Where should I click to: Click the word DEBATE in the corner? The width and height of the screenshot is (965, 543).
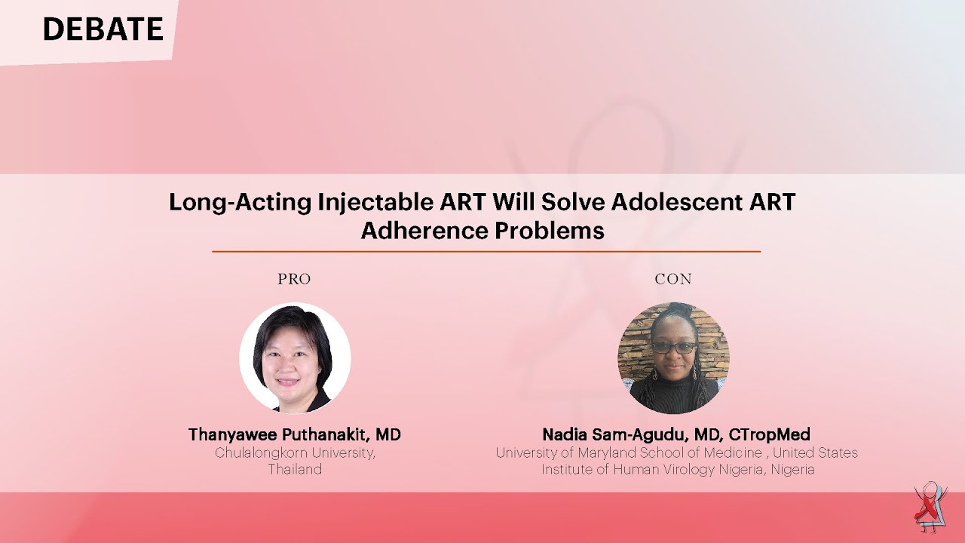[103, 29]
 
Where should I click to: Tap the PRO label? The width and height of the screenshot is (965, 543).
[294, 279]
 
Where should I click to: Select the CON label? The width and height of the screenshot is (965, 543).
[673, 279]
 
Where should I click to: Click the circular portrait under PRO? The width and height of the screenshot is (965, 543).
[295, 358]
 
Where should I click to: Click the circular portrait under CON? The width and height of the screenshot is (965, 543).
[673, 358]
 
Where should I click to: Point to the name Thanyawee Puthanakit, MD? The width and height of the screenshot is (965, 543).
[295, 435]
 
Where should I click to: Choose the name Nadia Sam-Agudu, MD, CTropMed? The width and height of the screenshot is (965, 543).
[676, 435]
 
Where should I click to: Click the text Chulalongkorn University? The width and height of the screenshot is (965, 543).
[295, 453]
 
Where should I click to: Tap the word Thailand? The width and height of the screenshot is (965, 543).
[295, 469]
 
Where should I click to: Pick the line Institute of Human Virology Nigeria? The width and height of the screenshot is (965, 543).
[678, 469]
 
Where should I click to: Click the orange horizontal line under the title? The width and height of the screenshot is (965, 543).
[486, 251]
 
